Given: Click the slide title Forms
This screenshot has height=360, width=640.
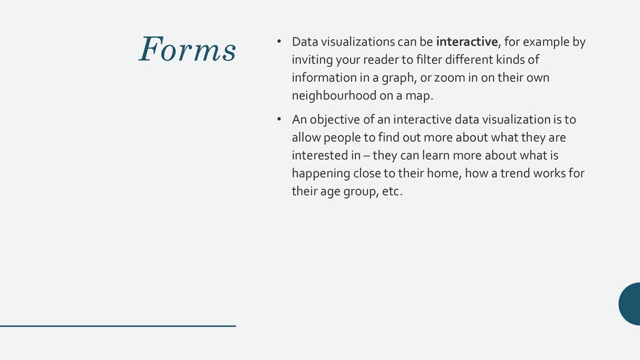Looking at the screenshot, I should coord(187,50).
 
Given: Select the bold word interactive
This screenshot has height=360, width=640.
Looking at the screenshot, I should coord(467,42).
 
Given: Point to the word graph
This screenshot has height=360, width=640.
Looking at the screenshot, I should coord(371,78).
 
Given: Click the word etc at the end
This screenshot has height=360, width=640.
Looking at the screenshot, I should coord(390,191).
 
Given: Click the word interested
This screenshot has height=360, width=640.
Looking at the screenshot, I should coord(317,156).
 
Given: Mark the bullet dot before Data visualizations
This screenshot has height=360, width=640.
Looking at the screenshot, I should coord(280,42).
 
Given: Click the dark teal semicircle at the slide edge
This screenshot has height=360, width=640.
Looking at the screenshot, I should coord(630,304).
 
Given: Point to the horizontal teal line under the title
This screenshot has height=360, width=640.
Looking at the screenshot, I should coord(118,326).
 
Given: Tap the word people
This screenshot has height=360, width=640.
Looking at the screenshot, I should coord(342,137).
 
